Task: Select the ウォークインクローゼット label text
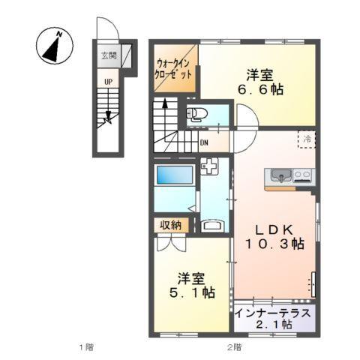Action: click(x=175, y=70)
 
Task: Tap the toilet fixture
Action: click(x=198, y=114)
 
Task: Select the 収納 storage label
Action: click(x=170, y=225)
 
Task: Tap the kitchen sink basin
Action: click(x=280, y=176)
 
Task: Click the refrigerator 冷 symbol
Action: click(x=307, y=139)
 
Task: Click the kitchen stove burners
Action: click(x=303, y=176)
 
